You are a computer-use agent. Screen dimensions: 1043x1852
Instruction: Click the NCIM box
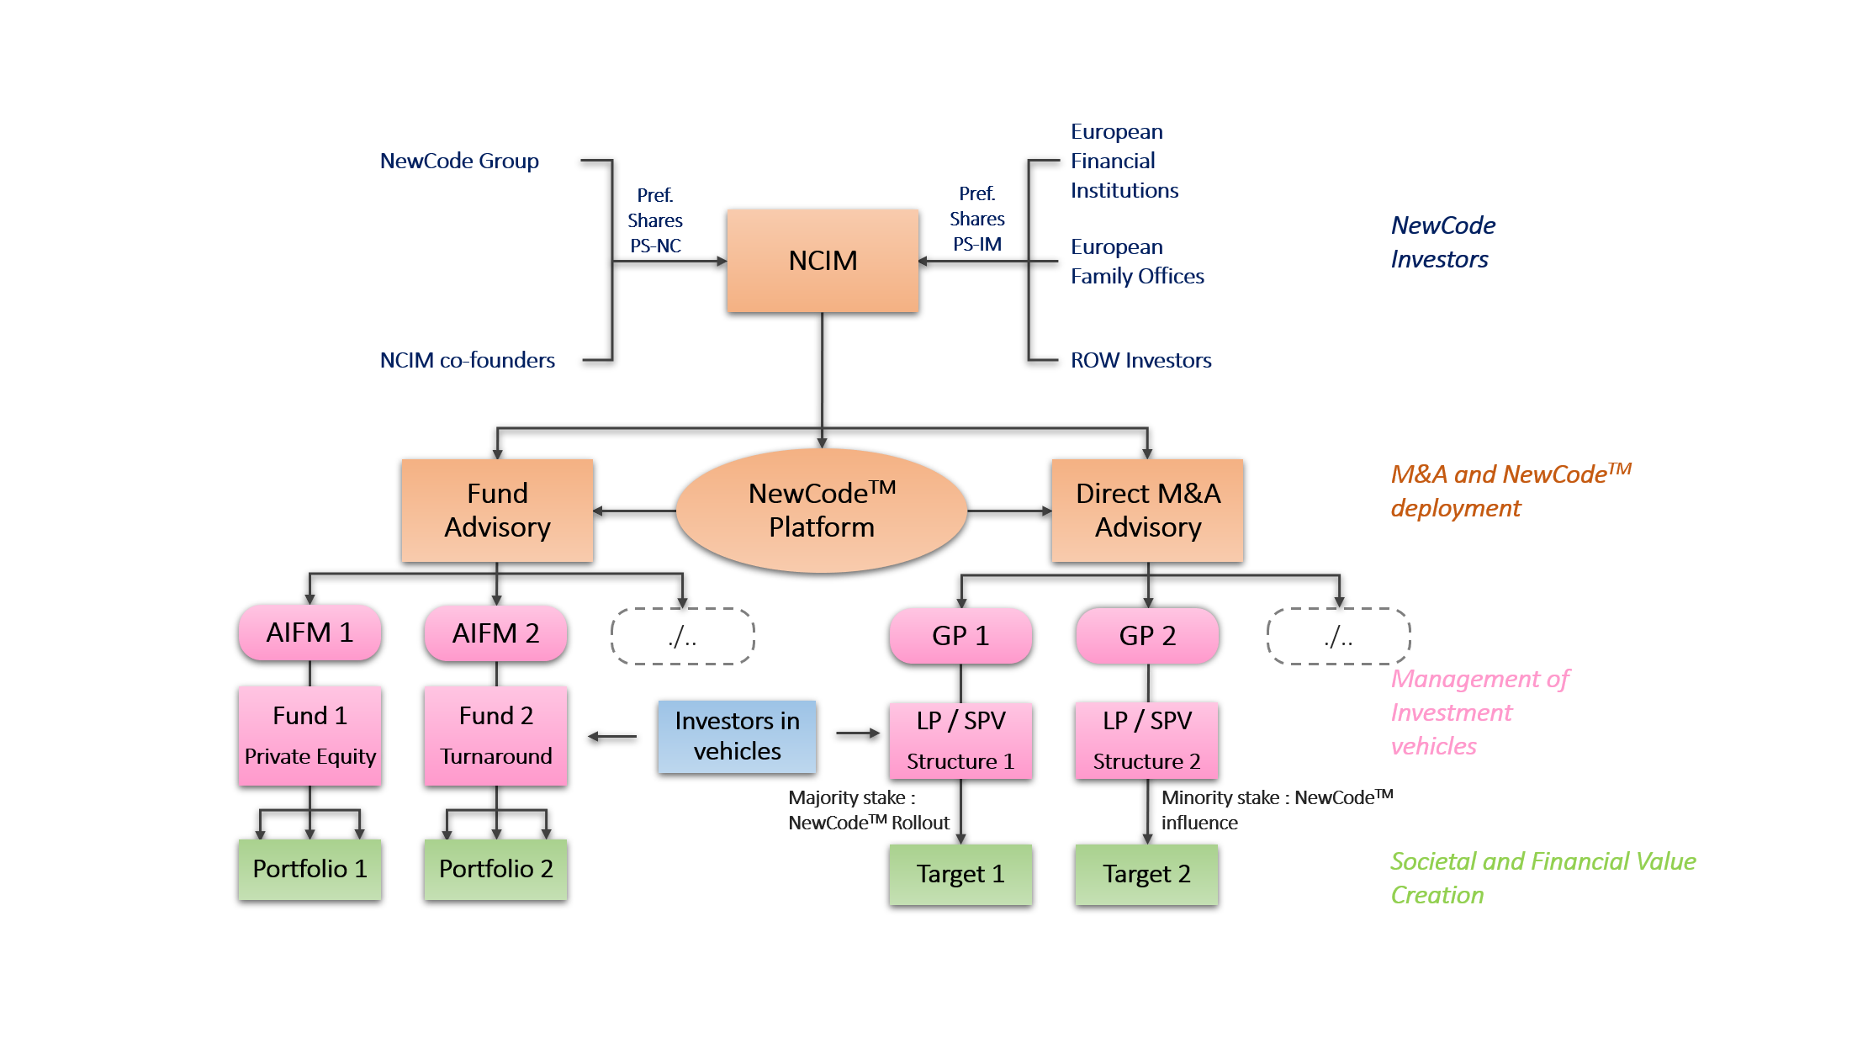tap(823, 261)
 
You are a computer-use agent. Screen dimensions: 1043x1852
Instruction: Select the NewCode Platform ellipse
tap(822, 511)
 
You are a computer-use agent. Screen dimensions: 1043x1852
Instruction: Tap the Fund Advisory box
tap(497, 511)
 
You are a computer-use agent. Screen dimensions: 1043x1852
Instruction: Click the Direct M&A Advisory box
tap(1147, 511)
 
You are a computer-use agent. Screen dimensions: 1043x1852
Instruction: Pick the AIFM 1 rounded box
tap(310, 633)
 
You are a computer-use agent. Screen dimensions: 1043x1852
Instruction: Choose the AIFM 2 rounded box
tap(495, 633)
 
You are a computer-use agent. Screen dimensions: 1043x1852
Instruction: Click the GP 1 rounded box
tap(960, 636)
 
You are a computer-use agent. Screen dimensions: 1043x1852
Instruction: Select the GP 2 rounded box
tap(1147, 636)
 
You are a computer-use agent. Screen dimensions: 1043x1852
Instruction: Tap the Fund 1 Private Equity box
tap(310, 736)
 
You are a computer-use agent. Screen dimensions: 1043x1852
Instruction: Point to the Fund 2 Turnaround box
tap(495, 736)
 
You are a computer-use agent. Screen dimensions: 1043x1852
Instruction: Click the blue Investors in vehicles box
tap(737, 737)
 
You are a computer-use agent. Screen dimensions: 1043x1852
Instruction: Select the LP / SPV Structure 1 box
tap(960, 741)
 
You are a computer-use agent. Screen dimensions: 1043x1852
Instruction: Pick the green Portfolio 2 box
tap(495, 870)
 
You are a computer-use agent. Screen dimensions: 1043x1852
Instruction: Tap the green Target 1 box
tap(960, 875)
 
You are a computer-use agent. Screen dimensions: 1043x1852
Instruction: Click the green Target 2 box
tap(1146, 875)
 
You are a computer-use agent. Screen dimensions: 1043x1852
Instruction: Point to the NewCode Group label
tap(459, 161)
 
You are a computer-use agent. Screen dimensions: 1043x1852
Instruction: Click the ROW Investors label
tap(1140, 361)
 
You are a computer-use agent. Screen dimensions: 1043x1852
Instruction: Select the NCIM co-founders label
tap(467, 361)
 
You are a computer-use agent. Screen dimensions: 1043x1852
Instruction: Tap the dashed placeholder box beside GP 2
tap(1338, 637)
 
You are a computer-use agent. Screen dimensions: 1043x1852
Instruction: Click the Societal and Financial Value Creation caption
tap(1542, 878)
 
